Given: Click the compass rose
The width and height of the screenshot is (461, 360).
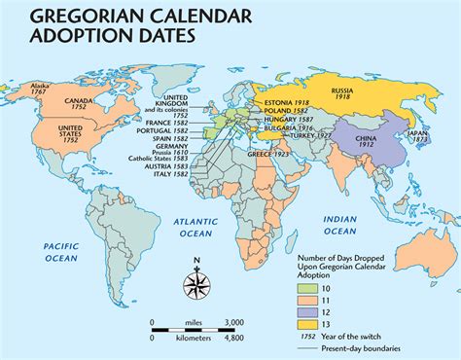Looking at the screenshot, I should (198, 287).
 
